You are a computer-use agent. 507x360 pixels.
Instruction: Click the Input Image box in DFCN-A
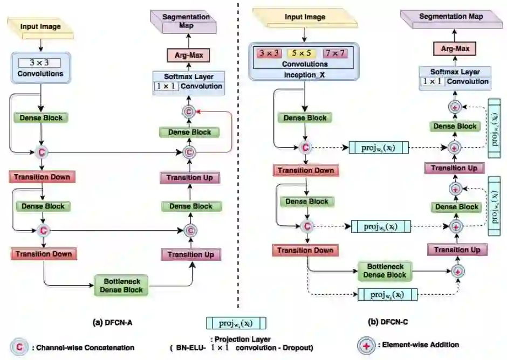pos(40,26)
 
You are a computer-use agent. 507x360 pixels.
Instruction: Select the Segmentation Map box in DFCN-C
pos(451,18)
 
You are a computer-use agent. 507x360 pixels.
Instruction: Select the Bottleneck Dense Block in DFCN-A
pos(120,285)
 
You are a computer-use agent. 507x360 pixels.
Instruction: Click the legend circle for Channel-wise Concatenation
pos(20,347)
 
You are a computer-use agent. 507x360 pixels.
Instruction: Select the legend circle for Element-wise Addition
pos(368,345)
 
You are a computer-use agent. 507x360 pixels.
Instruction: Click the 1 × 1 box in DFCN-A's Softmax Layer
pos(166,86)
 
